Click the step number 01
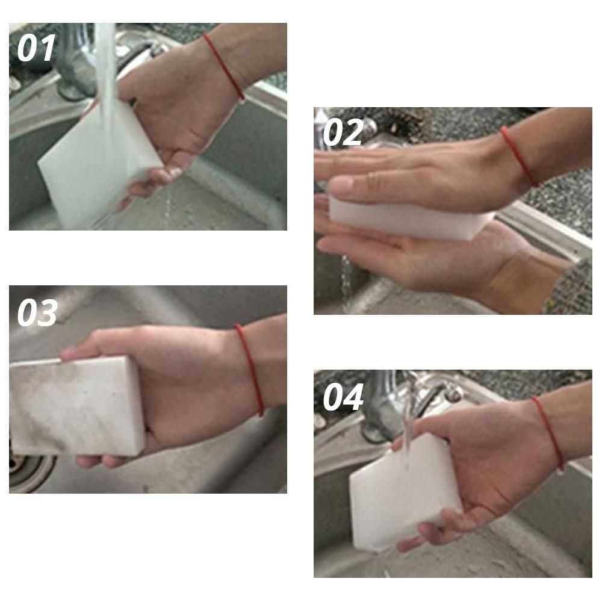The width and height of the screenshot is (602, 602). [x=36, y=48]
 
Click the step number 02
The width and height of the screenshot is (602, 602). [x=343, y=132]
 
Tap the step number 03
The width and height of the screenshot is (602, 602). [x=37, y=312]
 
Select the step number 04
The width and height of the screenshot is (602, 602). [x=343, y=397]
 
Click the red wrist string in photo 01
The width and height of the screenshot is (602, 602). [x=224, y=66]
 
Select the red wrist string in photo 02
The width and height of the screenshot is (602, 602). [x=519, y=157]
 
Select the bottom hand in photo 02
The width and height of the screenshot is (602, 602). [x=445, y=259]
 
